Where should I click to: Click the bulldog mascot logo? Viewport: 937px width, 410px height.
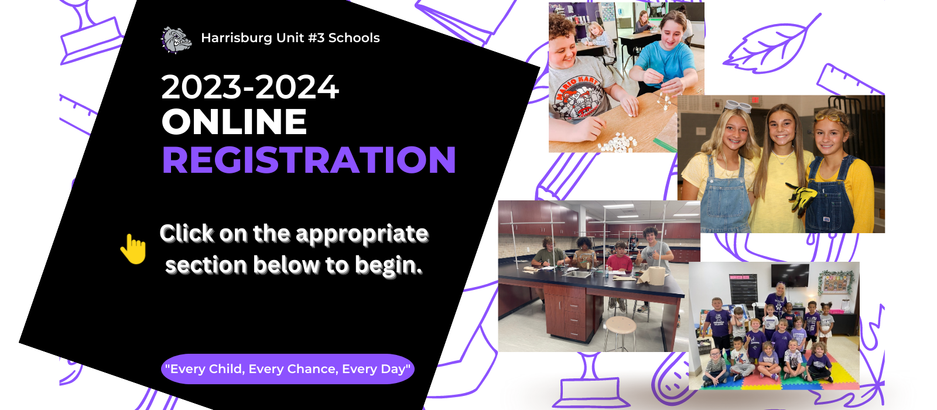pyautogui.click(x=176, y=40)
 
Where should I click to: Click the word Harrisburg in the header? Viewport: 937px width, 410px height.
pyautogui.click(x=237, y=38)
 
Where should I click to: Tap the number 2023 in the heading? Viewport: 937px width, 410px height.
pyautogui.click(x=201, y=87)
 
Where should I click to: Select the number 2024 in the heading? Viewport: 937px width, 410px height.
pyautogui.click(x=296, y=87)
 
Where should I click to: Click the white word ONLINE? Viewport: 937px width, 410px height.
pyautogui.click(x=234, y=121)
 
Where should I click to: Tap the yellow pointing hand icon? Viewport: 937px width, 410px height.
pyautogui.click(x=134, y=249)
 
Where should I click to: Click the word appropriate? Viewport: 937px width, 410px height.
pyautogui.click(x=362, y=234)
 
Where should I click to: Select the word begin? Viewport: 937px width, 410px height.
pyautogui.click(x=388, y=266)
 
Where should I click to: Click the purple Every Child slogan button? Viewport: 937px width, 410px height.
pyautogui.click(x=288, y=369)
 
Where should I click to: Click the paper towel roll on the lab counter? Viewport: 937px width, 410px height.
pyautogui.click(x=654, y=275)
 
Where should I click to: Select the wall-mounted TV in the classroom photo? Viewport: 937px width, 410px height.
pyautogui.click(x=790, y=275)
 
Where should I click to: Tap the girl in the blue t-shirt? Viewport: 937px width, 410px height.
pyautogui.click(x=667, y=54)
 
